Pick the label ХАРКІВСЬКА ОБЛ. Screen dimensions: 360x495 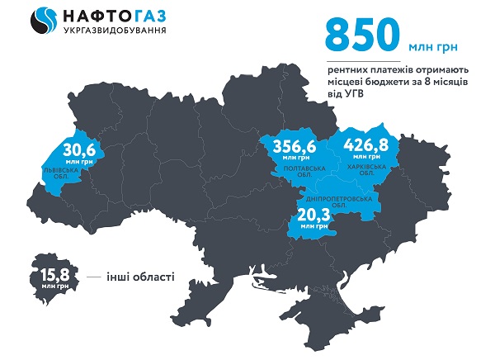tap(364, 171)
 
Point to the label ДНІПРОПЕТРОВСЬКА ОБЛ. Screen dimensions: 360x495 tap(341, 201)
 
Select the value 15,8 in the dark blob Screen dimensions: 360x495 tap(50, 273)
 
